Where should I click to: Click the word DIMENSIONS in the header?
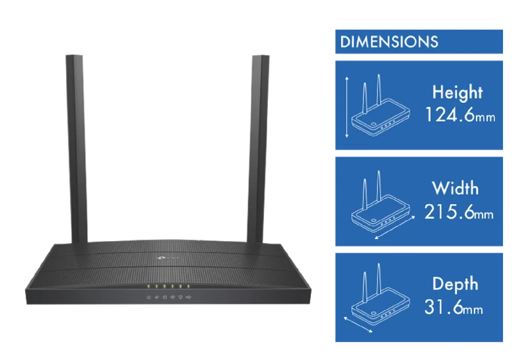[389, 42]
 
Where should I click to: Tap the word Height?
[457, 92]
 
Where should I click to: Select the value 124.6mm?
[460, 115]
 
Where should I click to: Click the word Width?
[455, 188]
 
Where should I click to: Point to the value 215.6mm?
[459, 212]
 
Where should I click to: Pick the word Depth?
[455, 284]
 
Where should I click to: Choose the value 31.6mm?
[453, 306]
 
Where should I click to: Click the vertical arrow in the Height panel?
[347, 107]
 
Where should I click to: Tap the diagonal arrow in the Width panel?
[395, 228]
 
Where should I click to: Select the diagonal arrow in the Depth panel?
[358, 324]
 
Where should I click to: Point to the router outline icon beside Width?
[381, 201]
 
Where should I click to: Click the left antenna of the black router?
[77, 149]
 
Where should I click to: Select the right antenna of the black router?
[258, 149]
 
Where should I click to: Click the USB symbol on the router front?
[188, 297]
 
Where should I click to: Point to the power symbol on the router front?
[148, 297]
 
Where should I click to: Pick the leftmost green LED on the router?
[148, 287]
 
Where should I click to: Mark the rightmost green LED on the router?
[188, 287]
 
